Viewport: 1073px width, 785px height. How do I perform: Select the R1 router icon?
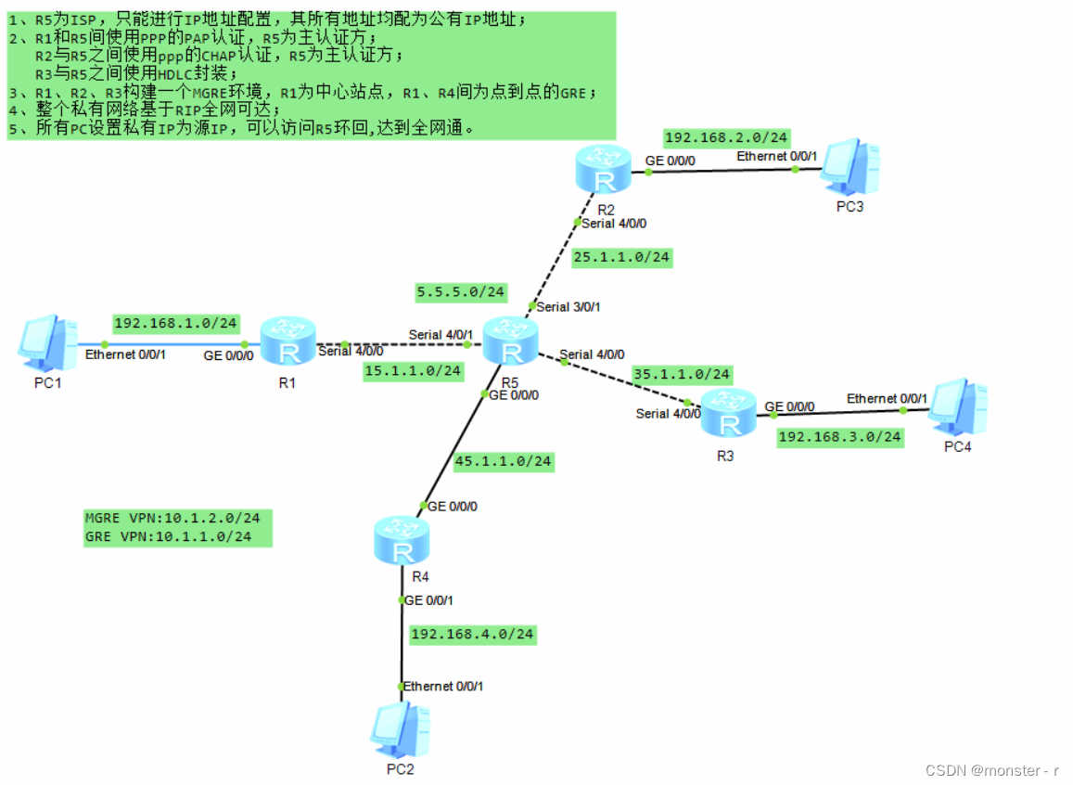(288, 341)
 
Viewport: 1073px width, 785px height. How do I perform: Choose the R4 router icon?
(402, 541)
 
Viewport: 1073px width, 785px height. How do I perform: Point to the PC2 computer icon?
(400, 730)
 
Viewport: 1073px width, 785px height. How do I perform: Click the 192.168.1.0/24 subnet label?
(175, 324)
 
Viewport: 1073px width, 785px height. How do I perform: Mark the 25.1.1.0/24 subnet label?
(621, 257)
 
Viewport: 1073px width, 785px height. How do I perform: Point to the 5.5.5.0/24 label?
(461, 291)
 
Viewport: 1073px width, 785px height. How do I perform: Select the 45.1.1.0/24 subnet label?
(503, 460)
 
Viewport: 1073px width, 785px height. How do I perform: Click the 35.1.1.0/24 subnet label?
(682, 374)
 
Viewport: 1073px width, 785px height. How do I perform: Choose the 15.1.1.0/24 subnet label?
(413, 370)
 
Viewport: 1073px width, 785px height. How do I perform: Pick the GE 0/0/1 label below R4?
(428, 600)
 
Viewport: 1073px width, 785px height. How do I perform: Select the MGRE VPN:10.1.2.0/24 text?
(172, 518)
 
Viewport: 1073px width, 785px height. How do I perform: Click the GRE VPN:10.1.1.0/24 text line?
(168, 536)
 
